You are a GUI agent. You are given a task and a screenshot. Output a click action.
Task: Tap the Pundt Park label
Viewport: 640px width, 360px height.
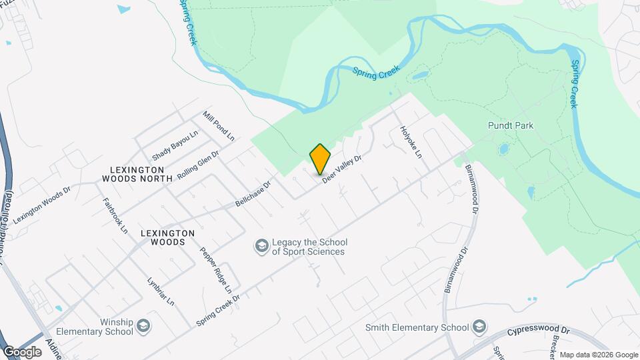pos(511,125)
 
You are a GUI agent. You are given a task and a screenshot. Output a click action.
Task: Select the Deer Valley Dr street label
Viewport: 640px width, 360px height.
pos(342,169)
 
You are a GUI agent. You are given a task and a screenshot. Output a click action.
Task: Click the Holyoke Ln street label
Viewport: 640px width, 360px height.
pos(411,142)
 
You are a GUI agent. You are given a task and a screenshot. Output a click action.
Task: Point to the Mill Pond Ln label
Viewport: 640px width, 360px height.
pos(219,127)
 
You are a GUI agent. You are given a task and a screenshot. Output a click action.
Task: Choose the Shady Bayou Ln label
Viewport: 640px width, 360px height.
pos(175,145)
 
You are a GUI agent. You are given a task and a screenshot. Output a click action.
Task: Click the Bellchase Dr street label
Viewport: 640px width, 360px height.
pos(253,193)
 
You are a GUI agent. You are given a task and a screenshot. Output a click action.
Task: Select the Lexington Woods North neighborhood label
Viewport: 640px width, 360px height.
pos(137,174)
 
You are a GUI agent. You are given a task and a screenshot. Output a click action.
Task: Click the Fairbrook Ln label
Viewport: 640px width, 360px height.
pos(115,215)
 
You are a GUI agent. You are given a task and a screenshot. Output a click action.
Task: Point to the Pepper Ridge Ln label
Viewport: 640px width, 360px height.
pos(215,271)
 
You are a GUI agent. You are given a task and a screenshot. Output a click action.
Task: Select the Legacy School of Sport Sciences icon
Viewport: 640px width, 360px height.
pos(261,247)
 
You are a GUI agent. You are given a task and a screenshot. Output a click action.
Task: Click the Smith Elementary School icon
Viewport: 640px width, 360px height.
pos(478,327)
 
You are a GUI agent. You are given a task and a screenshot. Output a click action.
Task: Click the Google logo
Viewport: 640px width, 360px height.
pos(22,351)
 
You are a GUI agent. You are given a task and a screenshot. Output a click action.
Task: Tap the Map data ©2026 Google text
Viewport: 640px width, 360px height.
pos(599,355)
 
